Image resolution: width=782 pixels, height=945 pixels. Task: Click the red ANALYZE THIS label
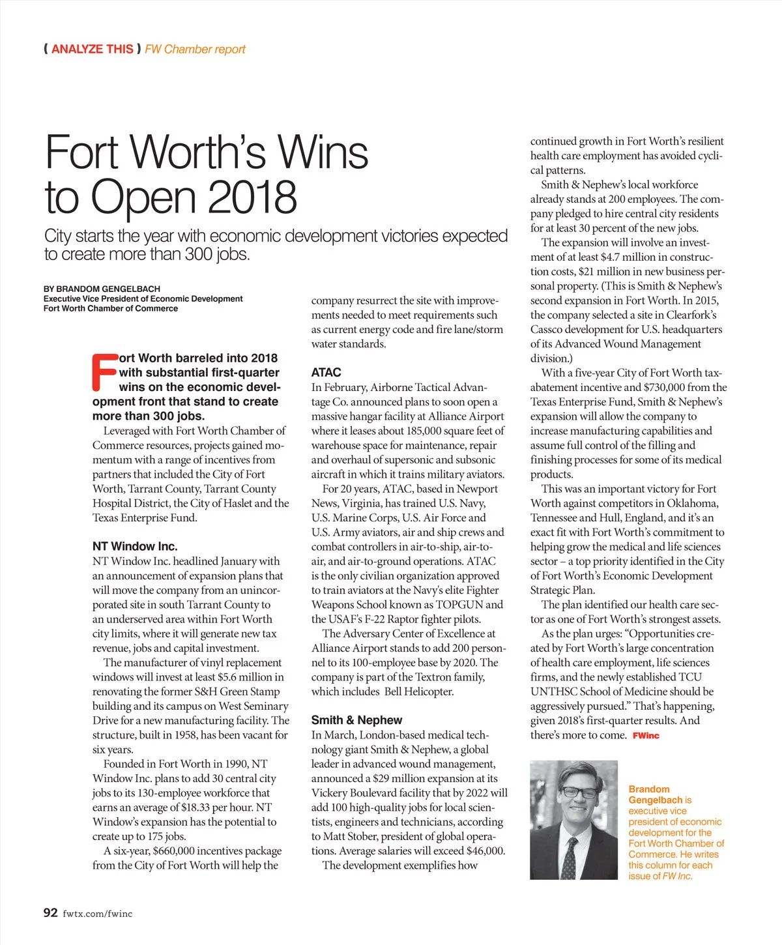coord(92,49)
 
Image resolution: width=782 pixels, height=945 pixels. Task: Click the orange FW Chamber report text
coord(195,49)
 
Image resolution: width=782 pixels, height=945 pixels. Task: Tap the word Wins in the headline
coord(323,152)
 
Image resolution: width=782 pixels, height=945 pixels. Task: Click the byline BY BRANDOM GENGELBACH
coord(102,289)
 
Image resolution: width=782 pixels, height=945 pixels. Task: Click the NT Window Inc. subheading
coord(135,546)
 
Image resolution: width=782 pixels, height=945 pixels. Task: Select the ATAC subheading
coord(326,372)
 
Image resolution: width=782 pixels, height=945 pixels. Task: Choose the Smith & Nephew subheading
coord(356,720)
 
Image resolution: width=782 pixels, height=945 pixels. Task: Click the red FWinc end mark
coord(646,736)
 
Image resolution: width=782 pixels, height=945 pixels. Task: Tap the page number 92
coord(51,912)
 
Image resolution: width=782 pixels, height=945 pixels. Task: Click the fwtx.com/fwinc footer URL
coord(98,914)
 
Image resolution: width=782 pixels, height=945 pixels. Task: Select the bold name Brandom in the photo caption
coord(649,789)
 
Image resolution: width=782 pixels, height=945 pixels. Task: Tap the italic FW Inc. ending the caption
coord(677,876)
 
